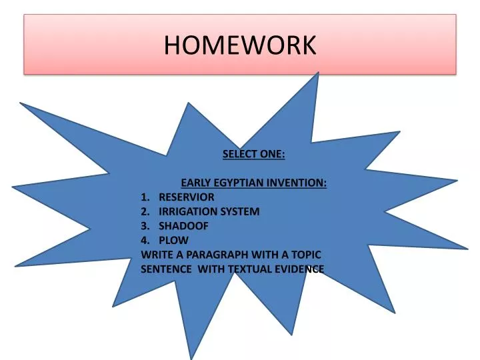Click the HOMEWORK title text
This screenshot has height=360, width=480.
tap(240, 45)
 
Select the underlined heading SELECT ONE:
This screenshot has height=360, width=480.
tap(253, 154)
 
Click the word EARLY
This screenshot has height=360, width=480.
tap(196, 183)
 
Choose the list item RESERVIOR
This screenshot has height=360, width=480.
tap(186, 197)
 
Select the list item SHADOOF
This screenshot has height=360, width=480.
tap(183, 226)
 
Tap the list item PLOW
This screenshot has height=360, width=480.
tap(173, 240)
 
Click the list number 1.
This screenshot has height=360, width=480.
tap(145, 197)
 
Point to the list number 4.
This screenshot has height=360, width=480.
tap(145, 240)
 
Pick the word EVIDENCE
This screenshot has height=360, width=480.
tap(299, 269)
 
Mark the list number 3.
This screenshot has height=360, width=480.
tap(145, 226)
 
